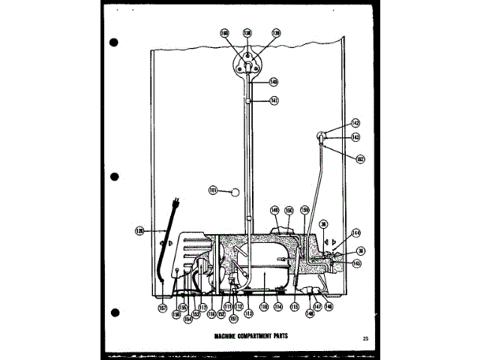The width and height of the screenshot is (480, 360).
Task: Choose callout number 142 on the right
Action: pyautogui.click(x=355, y=122)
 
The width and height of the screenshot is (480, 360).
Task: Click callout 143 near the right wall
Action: pyautogui.click(x=355, y=137)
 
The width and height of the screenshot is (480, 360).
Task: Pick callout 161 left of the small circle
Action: pyautogui.click(x=214, y=190)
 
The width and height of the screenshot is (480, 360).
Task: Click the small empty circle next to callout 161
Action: pyautogui.click(x=236, y=190)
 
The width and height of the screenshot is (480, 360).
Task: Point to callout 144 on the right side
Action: pyautogui.click(x=355, y=233)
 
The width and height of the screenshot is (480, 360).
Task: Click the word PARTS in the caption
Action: pyautogui.click(x=277, y=337)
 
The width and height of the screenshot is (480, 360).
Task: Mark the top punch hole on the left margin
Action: pyautogui.click(x=114, y=42)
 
